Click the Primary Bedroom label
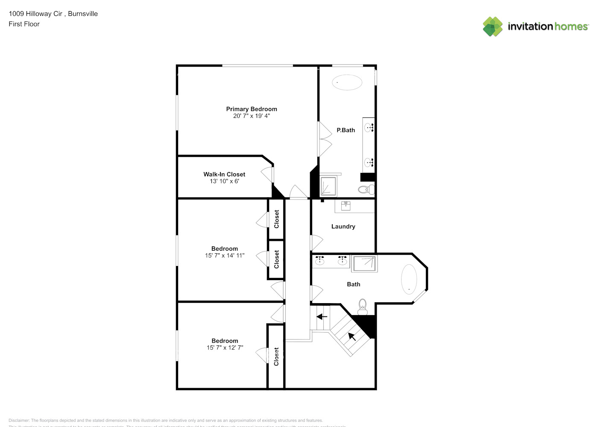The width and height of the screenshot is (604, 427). [251, 109]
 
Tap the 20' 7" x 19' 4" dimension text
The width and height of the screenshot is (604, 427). [251, 116]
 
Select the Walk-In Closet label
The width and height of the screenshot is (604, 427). [224, 174]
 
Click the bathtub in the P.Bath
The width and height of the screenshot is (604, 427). [347, 82]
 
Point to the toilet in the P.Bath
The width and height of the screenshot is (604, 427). [365, 189]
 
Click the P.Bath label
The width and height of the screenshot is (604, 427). [346, 130]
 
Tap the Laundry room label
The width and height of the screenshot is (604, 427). [343, 226]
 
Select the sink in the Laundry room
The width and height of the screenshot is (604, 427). [346, 206]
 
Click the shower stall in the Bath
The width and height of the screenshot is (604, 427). [364, 263]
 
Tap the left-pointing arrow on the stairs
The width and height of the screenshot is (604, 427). [322, 317]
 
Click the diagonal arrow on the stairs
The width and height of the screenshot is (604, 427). [352, 336]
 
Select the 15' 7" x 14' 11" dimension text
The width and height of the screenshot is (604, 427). [224, 255]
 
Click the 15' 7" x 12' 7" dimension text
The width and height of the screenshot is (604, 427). [225, 348]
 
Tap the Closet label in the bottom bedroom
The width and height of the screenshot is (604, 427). [276, 357]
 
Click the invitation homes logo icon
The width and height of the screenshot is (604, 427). [493, 26]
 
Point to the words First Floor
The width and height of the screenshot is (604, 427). [24, 24]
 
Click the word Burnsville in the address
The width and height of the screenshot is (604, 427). [83, 14]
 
